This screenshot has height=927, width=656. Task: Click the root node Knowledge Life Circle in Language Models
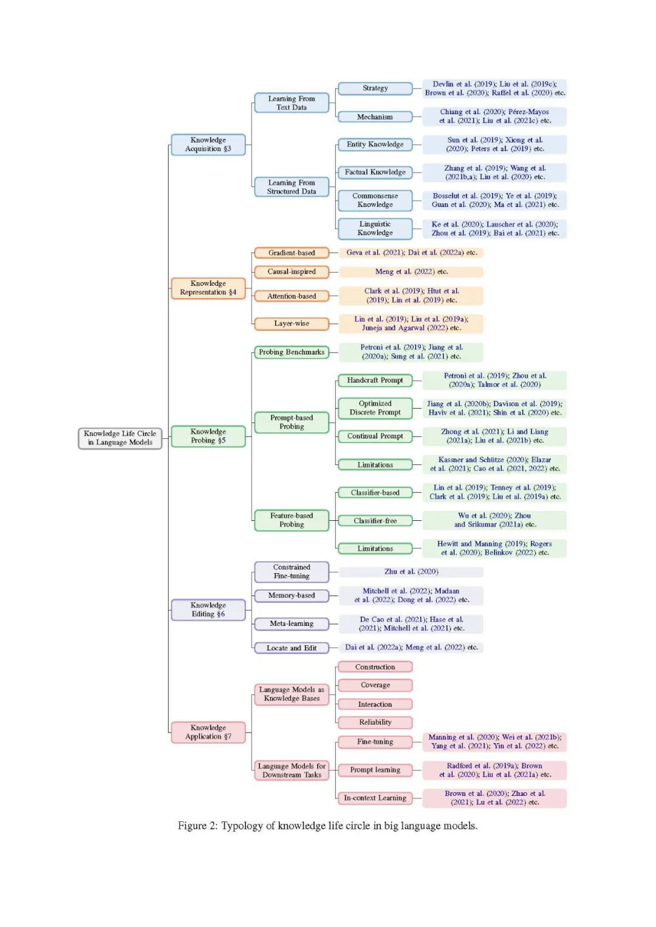coord(120,438)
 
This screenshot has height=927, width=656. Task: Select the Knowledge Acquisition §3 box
coord(208,144)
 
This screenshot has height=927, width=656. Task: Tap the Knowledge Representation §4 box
coord(208,288)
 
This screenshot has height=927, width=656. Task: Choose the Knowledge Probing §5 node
coord(208,436)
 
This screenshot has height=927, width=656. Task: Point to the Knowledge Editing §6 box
coord(208,610)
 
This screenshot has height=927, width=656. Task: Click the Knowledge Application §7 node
coord(208,732)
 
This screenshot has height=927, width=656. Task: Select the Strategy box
coord(375,89)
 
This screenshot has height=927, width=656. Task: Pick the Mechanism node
coord(375,117)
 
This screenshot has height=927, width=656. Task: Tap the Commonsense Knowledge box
coord(375,201)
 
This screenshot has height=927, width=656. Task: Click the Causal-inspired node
coord(292,272)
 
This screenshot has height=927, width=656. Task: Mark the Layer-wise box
coord(292,324)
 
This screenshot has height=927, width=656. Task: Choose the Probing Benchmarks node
coord(292,353)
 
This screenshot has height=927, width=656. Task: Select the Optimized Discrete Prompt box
coord(375,409)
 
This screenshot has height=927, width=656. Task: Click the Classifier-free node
coord(375,521)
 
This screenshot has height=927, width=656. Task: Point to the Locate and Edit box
coord(292,648)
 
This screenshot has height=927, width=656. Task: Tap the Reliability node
coord(375,722)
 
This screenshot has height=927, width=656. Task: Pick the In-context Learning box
coord(375,798)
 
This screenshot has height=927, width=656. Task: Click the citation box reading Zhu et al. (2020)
coord(411,572)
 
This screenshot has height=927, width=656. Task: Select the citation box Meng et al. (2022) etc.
coord(411,272)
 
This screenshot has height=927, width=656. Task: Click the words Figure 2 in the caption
coord(197,826)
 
